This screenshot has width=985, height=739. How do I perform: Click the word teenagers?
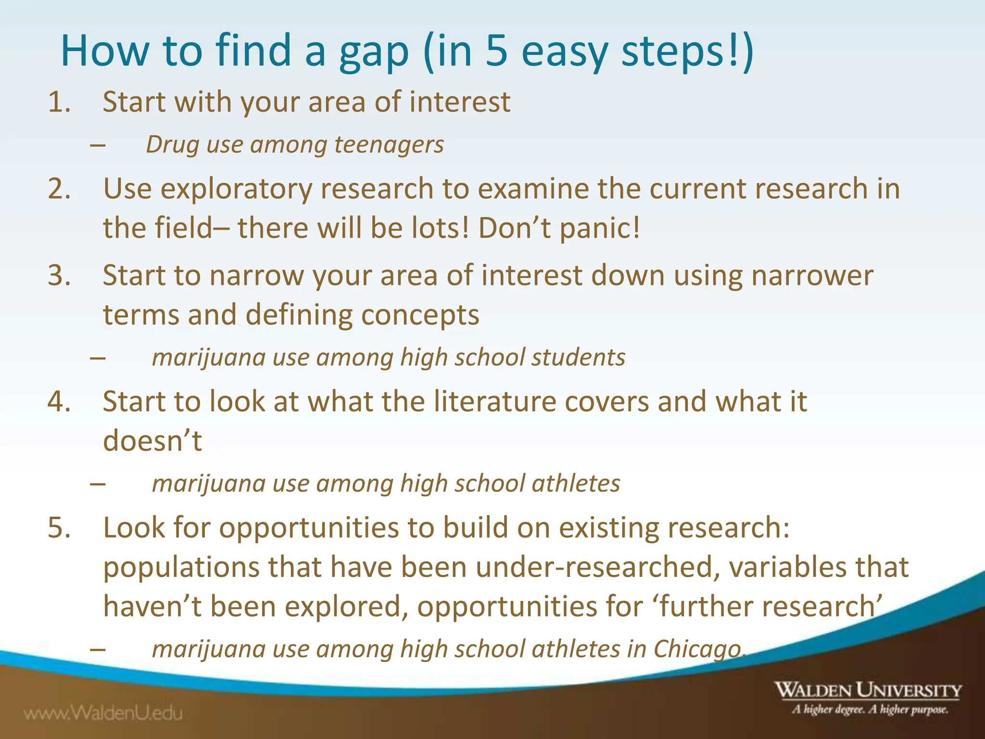point(389,144)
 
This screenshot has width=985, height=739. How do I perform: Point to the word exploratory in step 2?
point(236,189)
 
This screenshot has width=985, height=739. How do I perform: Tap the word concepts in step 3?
point(420,316)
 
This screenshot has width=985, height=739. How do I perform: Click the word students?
point(578,357)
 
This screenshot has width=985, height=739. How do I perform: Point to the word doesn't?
point(152,441)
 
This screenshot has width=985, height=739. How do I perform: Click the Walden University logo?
point(868,697)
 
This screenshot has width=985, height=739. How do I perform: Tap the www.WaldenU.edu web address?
point(103,713)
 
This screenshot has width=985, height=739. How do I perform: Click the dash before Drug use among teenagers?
point(98,145)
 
